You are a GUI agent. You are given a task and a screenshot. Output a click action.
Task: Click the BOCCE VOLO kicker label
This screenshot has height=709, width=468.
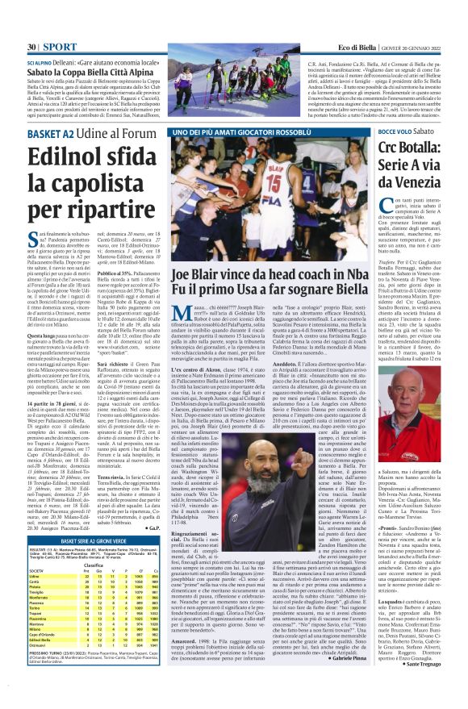coord(395,131)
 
